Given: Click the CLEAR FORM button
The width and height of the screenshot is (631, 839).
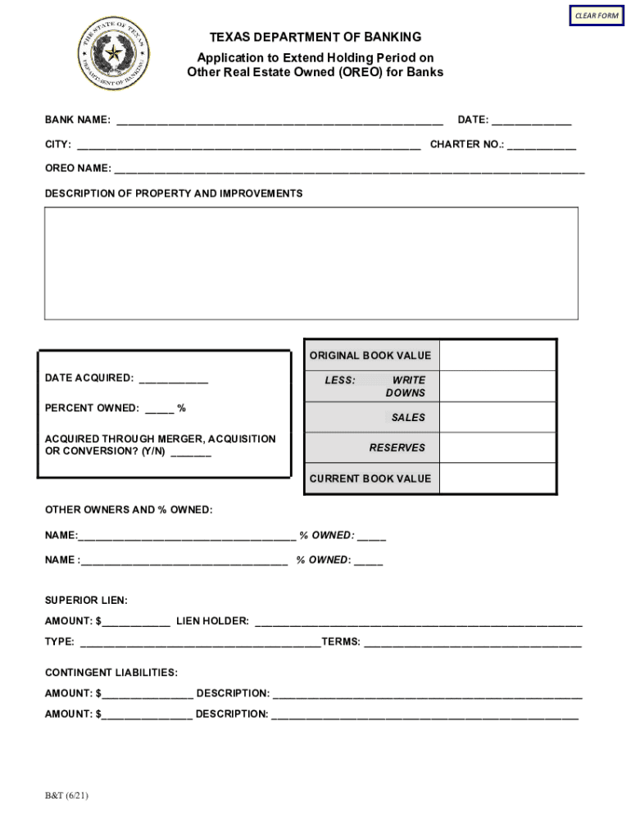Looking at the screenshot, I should point(596,16).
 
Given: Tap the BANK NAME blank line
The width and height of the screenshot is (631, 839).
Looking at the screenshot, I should point(279,121).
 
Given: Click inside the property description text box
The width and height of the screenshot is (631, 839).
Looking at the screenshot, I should point(311,262).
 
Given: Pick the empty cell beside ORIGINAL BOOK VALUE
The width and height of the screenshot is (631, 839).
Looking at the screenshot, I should point(497,356).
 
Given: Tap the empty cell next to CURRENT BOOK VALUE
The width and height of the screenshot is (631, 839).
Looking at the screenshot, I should point(497,478).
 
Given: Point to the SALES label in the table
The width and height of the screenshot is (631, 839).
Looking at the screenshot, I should point(407,418).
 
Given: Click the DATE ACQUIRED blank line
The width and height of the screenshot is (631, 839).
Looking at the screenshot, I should point(173,379).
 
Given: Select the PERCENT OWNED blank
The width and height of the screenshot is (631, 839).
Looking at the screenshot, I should point(160,409).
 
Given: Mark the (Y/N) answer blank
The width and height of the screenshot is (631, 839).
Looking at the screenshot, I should point(191,453).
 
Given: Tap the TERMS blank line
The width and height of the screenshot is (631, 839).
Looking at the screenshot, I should point(472,643).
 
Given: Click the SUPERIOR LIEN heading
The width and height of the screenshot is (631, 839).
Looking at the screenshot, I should point(86,601).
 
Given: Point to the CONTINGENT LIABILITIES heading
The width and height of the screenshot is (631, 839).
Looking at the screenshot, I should point(111,673).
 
